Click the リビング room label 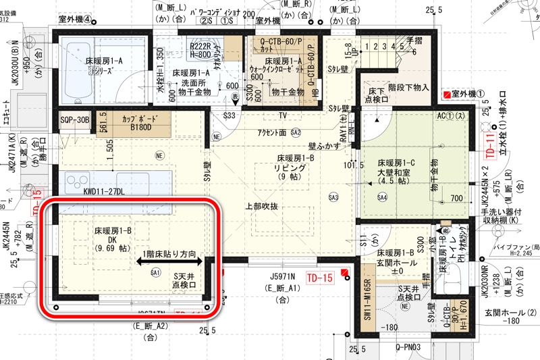click(x=290, y=170)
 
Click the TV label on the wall click(x=283, y=115)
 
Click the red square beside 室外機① click(x=446, y=94)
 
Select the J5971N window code click(x=281, y=276)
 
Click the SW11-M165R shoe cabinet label click(x=368, y=301)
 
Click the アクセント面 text click(x=267, y=132)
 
